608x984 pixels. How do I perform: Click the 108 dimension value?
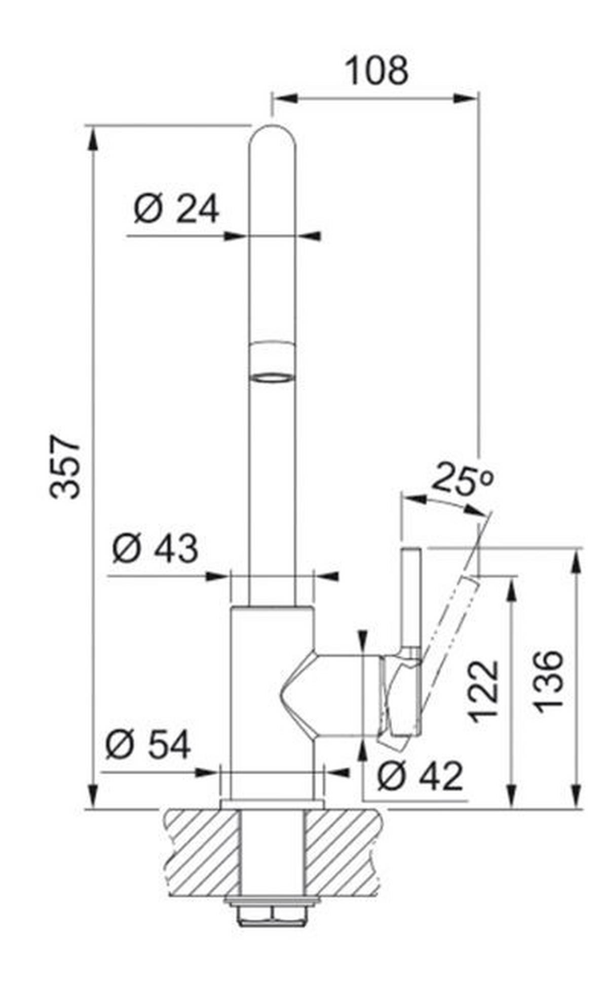(376, 71)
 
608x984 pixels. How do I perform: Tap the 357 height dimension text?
(66, 466)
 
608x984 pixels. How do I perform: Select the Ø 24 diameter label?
(176, 209)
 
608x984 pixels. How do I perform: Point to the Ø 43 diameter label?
(155, 548)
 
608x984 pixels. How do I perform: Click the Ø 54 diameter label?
(148, 744)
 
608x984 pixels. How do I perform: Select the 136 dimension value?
(550, 682)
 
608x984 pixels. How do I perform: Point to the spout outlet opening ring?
(272, 378)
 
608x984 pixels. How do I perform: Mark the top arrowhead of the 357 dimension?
(92, 137)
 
